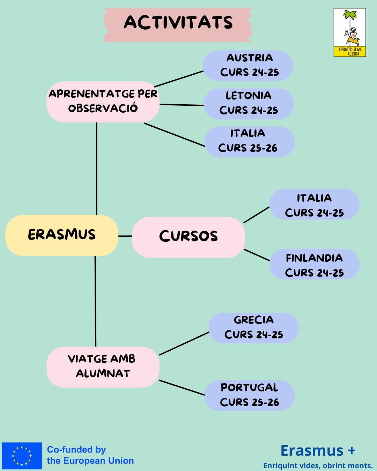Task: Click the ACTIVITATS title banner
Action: click(178, 24)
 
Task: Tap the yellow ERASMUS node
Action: click(62, 235)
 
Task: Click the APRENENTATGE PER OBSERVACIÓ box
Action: click(103, 102)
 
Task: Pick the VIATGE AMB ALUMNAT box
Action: click(103, 367)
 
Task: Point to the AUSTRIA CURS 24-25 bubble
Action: click(248, 66)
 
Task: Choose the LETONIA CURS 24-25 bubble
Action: click(249, 104)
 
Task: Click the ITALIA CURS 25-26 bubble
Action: click(249, 142)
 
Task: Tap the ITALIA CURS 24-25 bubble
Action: click(314, 204)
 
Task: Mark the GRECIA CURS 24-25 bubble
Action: click(254, 328)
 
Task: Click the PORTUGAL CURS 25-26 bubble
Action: click(250, 395)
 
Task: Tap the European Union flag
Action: click(22, 456)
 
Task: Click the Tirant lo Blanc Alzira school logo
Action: click(350, 32)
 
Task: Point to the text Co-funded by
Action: click(76, 450)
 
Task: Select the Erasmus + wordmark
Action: click(318, 450)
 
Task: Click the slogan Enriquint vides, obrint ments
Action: click(318, 466)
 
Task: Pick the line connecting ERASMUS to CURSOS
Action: click(125, 236)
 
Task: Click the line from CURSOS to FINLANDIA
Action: click(257, 255)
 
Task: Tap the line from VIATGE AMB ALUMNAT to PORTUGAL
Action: click(182, 388)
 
